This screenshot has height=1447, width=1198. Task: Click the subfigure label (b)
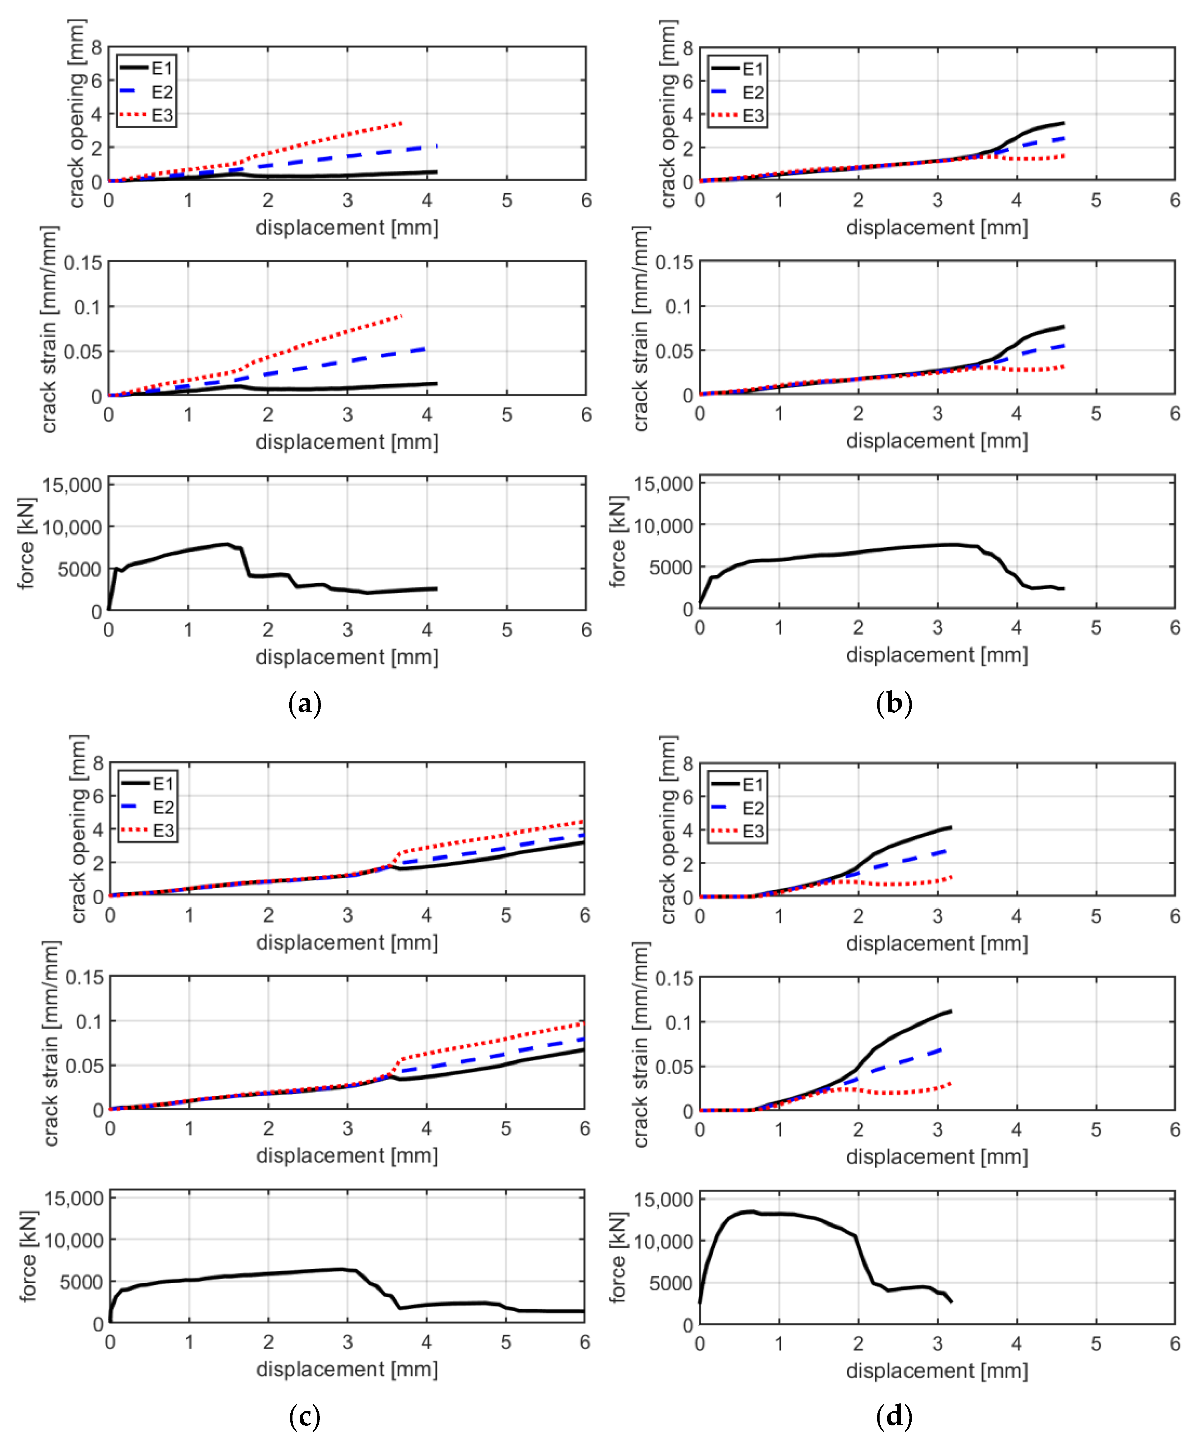pyautogui.click(x=894, y=704)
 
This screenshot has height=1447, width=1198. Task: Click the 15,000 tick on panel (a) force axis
pyautogui.click(x=72, y=485)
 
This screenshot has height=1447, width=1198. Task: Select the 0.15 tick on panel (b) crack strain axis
pyautogui.click(x=674, y=263)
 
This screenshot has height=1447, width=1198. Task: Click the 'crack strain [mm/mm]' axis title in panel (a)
pyautogui.click(x=48, y=330)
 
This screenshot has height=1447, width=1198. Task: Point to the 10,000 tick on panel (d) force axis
pyautogui.click(x=663, y=1242)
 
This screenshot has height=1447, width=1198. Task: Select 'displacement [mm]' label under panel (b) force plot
pyautogui.click(x=937, y=655)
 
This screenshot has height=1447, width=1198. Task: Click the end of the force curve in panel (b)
pyautogui.click(x=1064, y=588)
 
